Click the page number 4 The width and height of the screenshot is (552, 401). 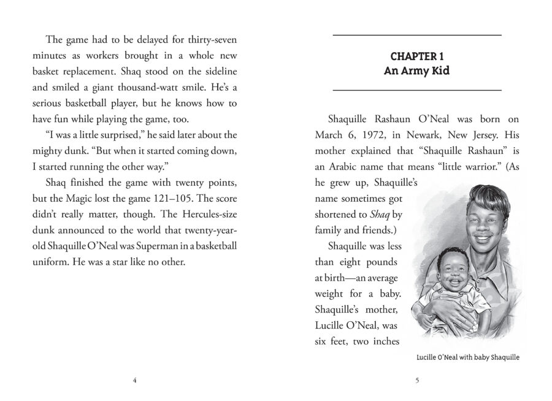coord(134,380)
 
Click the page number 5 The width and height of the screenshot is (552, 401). coord(417,380)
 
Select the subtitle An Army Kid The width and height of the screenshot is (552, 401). coord(417,71)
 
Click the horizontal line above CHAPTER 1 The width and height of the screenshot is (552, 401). coord(417,34)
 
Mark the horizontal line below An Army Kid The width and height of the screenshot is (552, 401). coord(417,91)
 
